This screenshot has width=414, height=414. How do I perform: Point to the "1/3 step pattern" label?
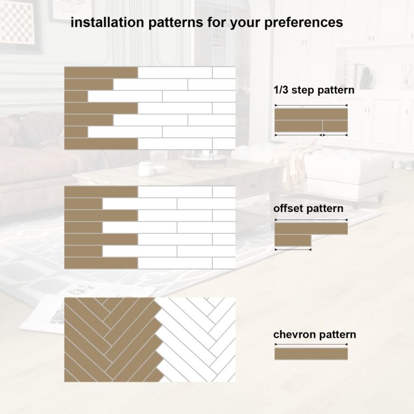coord(314,90)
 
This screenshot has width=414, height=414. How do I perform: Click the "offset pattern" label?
coord(308,208)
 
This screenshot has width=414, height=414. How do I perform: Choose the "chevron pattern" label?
coord(315,335)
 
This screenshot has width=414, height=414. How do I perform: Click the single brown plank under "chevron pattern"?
coord(311,354)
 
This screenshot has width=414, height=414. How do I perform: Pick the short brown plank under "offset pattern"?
coord(293,240)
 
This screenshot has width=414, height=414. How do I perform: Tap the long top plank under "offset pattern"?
coord(311,229)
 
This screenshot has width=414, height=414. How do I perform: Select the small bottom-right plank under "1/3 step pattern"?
coord(335,126)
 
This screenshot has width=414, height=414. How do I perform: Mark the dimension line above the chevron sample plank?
coord(311,344)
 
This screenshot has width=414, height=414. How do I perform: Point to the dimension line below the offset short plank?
coord(293,250)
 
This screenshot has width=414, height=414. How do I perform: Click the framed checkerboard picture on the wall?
coord(18,24)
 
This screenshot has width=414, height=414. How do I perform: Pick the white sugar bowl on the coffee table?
coord(145,168)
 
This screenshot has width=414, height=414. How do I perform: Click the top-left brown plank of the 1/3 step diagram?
coord(101,72)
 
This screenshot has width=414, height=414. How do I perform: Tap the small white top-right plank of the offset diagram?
coord(224,191)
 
